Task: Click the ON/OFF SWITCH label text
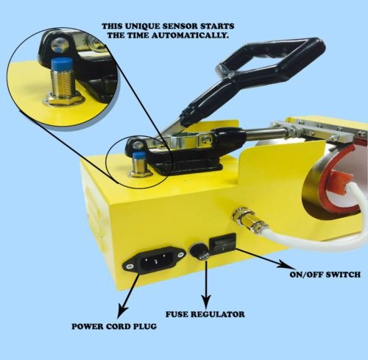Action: (x=325, y=275)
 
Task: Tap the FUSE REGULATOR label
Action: (x=205, y=314)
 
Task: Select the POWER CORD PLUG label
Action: (x=114, y=326)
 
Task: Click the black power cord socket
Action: (x=154, y=261)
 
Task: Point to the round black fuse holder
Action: (x=199, y=251)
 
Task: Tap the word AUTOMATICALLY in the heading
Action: (x=190, y=35)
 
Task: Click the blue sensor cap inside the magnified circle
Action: (x=62, y=63)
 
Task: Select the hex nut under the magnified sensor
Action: (x=64, y=99)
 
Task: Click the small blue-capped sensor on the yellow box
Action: (x=139, y=163)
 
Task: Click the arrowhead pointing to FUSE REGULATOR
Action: (x=206, y=301)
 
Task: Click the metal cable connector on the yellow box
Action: (x=249, y=219)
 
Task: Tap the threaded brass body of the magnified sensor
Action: (x=63, y=82)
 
